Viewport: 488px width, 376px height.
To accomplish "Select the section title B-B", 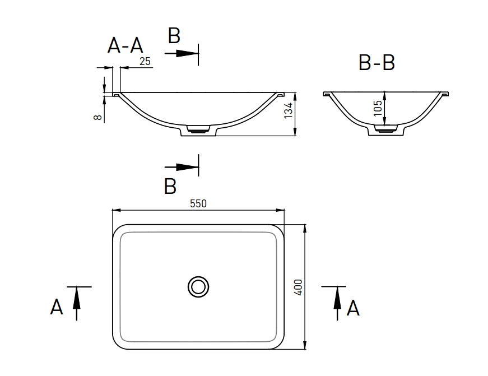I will (x=377, y=63).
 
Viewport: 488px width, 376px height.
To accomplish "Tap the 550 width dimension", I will (x=198, y=204).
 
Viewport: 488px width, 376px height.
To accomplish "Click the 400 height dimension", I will (x=298, y=287).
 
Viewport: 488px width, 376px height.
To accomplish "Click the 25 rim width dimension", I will (x=145, y=62).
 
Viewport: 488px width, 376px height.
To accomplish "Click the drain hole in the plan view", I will (x=198, y=286).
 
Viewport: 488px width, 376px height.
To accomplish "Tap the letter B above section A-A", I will (x=174, y=36).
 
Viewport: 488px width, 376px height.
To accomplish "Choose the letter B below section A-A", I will (x=170, y=187).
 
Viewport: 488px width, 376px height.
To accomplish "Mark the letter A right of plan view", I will (x=353, y=308).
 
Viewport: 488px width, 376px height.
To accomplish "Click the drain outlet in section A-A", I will (x=198, y=129).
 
